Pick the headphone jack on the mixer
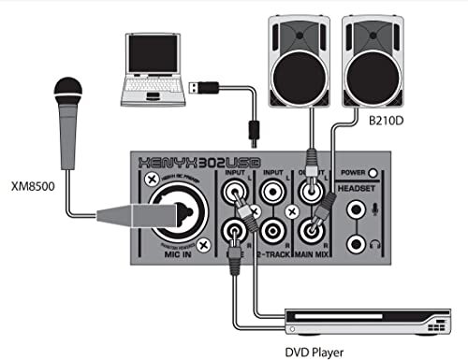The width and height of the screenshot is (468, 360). point(357,242)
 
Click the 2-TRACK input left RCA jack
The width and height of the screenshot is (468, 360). point(271,194)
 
